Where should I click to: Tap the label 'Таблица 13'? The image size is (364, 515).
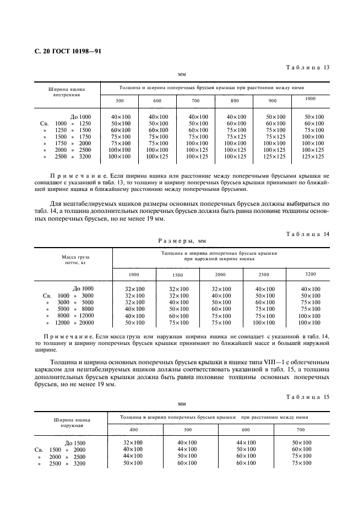tap(307, 68)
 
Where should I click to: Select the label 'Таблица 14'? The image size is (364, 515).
tap(307, 234)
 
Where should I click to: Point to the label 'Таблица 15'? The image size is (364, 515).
tap(307, 397)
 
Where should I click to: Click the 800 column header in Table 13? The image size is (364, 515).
tap(235, 101)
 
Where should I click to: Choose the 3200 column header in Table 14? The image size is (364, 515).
tap(311, 273)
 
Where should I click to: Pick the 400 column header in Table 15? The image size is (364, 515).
tap(134, 429)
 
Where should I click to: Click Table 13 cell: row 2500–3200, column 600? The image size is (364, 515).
tap(157, 157)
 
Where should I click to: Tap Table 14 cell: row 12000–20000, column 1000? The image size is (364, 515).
tap(134, 323)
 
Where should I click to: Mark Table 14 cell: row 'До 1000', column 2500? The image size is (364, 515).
tap(265, 289)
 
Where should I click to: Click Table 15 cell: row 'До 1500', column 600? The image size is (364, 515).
tap(246, 442)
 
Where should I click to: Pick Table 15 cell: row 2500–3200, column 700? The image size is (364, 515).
tap(301, 463)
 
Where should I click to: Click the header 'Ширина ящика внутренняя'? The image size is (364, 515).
tap(67, 91)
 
